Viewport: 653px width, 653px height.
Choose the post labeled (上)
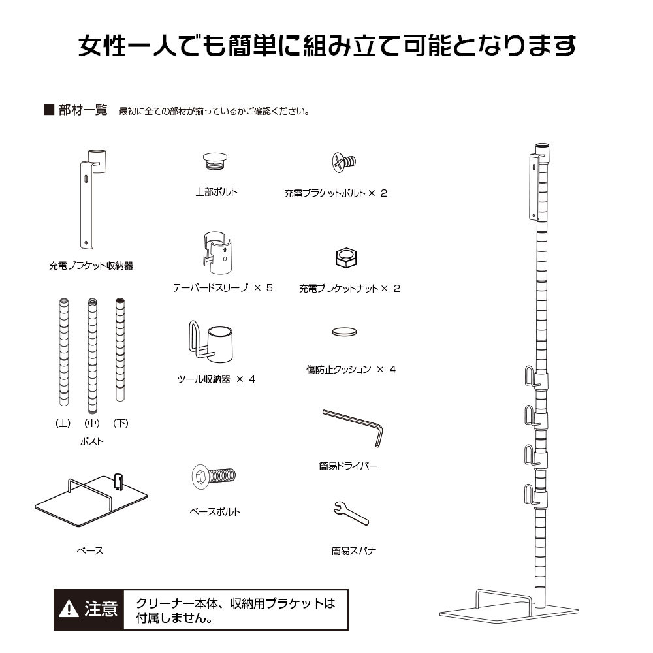tap(63, 351)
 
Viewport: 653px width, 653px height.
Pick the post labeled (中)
tap(92, 351)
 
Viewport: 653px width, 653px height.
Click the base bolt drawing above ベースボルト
tap(214, 476)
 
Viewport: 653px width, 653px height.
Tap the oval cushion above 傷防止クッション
tap(345, 332)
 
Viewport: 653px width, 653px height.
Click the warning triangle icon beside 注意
tap(69, 610)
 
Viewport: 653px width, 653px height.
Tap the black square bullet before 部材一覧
tap(48, 110)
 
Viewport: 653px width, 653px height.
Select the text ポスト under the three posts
tap(91, 441)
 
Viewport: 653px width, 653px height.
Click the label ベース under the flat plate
tap(90, 551)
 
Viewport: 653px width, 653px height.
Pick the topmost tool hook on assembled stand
tap(530, 377)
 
